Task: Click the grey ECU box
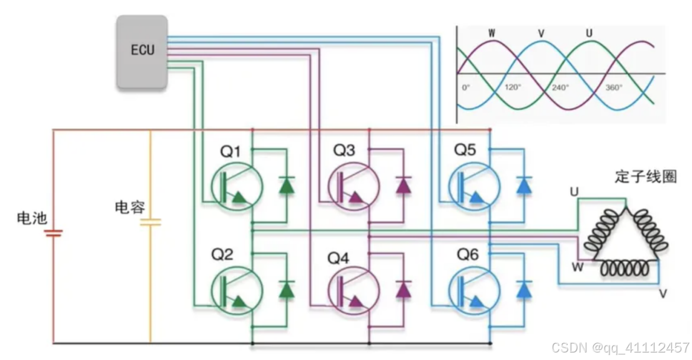[x=142, y=51]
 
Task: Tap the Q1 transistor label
[x=230, y=151]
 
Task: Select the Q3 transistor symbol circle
[x=354, y=186]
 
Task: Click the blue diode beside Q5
[x=524, y=185]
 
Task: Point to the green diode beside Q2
[x=287, y=289]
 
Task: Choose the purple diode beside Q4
[x=404, y=289]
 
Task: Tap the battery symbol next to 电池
[x=53, y=233]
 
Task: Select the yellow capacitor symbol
[x=151, y=222]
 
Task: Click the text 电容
[x=130, y=207]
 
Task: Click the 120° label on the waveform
[x=512, y=87]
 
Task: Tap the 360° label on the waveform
[x=614, y=87]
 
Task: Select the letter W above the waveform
[x=492, y=32]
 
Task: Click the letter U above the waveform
[x=589, y=32]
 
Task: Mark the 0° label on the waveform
[x=466, y=87]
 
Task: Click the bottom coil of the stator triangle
[x=625, y=269]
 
